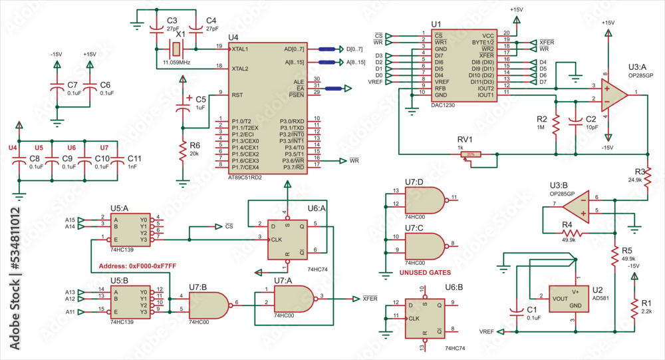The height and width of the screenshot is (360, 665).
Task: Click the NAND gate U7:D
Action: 424,198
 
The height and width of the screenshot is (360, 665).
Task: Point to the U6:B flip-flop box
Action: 424,317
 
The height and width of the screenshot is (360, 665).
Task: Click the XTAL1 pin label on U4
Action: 239,49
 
